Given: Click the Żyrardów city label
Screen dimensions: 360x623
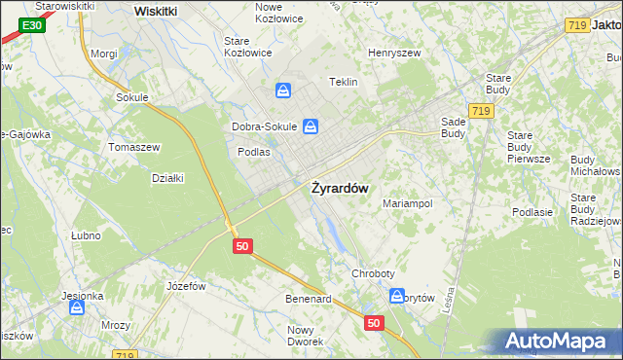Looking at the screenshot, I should click(339, 189).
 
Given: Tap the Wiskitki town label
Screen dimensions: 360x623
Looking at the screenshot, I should click(155, 11).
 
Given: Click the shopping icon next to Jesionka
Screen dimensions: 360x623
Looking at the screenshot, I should click(77, 308).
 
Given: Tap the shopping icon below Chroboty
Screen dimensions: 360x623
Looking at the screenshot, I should click(398, 296).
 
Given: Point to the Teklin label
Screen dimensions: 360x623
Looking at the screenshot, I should click(345, 83).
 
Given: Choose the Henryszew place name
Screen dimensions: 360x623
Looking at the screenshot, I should click(393, 52).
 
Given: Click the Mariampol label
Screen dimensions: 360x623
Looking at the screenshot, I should click(407, 203).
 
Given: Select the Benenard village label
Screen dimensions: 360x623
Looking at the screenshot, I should click(308, 299).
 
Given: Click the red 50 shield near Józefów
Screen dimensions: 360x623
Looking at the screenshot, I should click(243, 247).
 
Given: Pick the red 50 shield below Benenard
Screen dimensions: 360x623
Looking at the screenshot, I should click(375, 322).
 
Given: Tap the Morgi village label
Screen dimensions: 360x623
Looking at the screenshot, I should click(103, 54).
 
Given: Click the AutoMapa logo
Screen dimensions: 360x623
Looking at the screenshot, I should click(556, 342).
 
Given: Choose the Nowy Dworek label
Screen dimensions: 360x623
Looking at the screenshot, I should click(305, 336).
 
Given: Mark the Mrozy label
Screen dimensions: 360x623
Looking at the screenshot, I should click(117, 326).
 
